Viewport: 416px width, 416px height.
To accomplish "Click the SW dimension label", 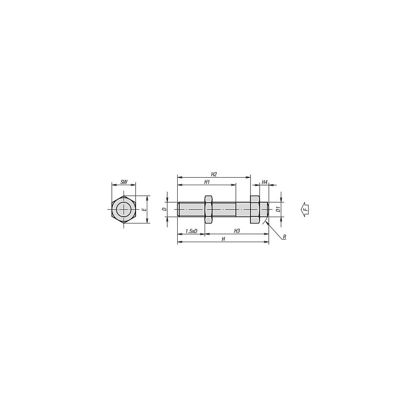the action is point(124,182).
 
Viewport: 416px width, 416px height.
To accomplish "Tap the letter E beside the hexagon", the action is point(144,210).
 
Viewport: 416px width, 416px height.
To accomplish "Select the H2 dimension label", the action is point(214,174).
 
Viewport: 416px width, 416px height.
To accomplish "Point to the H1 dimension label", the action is point(207,182).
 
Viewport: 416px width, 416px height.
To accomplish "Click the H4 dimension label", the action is point(265,182).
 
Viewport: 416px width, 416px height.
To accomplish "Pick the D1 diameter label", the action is point(278,209).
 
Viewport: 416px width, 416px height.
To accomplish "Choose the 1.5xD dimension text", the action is point(191,231).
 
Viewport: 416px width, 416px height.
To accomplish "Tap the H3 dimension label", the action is point(237,231).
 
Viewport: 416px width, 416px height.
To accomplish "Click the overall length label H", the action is point(223,239).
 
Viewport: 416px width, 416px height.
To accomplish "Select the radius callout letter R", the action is point(284,237).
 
